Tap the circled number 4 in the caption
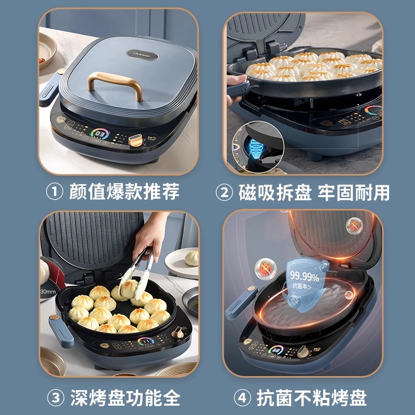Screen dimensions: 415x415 click(243, 398)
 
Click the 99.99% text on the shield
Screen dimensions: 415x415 click(304, 275)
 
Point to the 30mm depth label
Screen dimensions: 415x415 click(48, 292)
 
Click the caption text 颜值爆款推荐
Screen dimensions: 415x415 click(124, 192)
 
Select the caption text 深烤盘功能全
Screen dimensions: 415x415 click(124, 398)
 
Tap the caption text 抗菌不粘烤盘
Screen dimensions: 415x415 click(312, 398)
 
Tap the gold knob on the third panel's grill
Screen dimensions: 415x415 click(178, 333)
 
